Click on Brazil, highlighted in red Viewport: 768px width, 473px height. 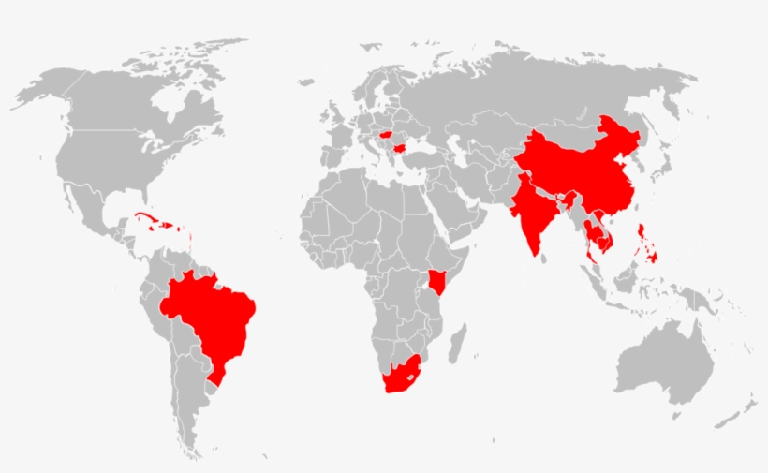click(211, 318)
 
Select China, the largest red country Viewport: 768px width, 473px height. click(581, 173)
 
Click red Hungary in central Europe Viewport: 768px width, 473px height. click(384, 135)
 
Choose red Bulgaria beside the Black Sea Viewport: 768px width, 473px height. click(401, 148)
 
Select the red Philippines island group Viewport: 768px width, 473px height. click(645, 239)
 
